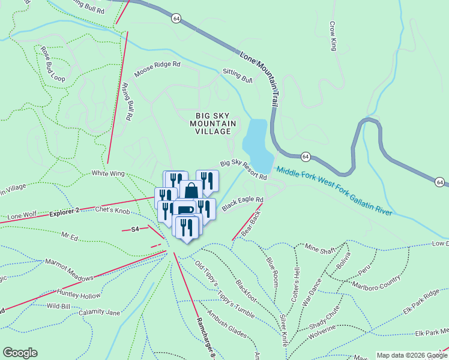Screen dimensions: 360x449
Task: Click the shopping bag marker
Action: (x=191, y=191)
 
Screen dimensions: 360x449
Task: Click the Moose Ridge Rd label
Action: (x=157, y=69)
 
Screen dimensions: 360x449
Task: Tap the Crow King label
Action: (x=333, y=35)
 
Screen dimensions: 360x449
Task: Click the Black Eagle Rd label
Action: (x=243, y=204)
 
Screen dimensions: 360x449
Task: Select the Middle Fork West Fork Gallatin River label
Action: (x=334, y=191)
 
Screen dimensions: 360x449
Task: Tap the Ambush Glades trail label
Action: (x=227, y=323)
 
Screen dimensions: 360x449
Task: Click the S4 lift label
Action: (x=135, y=229)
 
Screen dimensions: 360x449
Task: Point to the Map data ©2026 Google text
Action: (x=412, y=355)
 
